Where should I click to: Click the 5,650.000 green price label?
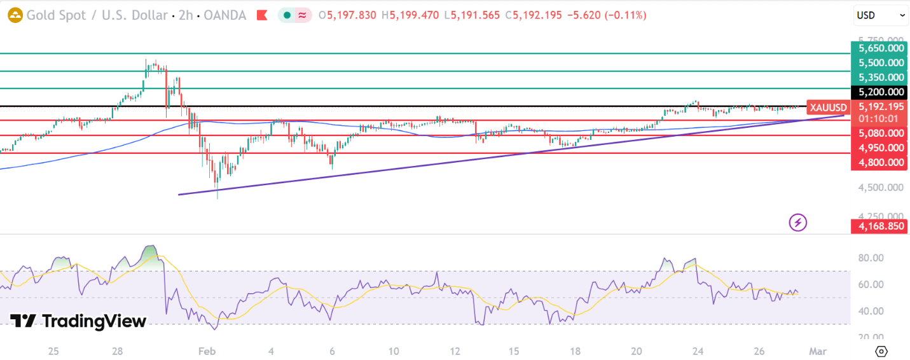(x=881, y=48)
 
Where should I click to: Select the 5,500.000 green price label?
(x=881, y=63)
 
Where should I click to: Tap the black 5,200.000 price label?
(x=881, y=92)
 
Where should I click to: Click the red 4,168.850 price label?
(x=881, y=226)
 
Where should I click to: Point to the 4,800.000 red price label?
(x=881, y=162)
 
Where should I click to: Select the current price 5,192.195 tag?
(x=881, y=107)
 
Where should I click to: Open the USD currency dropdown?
(x=881, y=15)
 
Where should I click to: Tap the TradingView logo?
(x=78, y=321)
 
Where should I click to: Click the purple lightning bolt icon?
(x=797, y=223)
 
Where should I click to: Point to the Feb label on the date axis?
(x=207, y=351)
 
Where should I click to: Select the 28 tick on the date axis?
(x=117, y=351)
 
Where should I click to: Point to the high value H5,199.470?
(x=414, y=15)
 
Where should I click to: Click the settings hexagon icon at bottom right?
(x=881, y=351)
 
